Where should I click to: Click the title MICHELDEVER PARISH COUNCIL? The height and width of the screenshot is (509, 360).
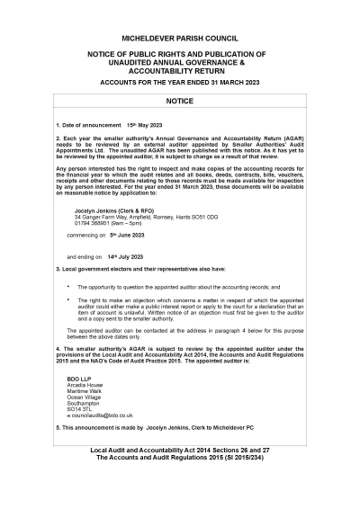(x=180, y=40)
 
